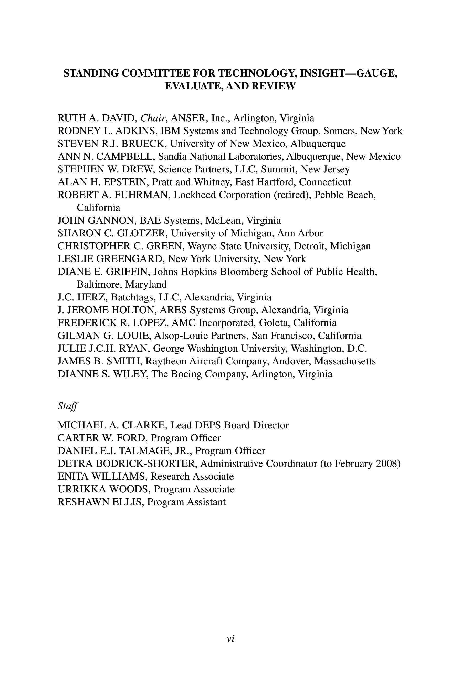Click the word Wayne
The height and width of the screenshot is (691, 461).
point(202,246)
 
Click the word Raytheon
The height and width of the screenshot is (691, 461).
point(166,361)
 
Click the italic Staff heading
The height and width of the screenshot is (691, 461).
point(68,406)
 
